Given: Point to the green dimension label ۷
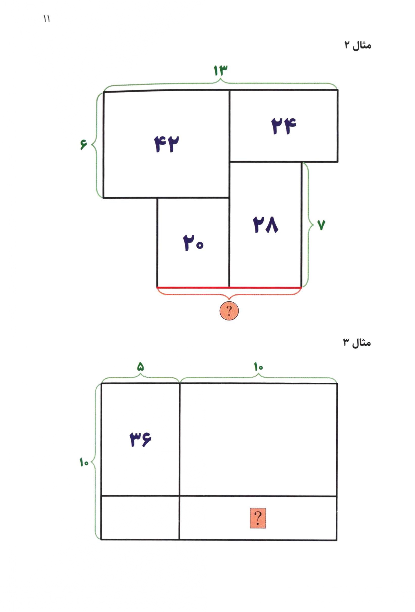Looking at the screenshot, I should [321, 225].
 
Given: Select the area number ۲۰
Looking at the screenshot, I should [193, 243].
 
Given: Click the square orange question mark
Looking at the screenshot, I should [258, 518].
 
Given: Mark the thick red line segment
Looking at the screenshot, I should [229, 287].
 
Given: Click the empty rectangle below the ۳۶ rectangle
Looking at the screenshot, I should [140, 518].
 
